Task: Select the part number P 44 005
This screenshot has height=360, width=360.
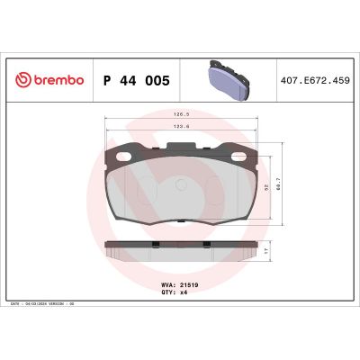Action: coord(137,80)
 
